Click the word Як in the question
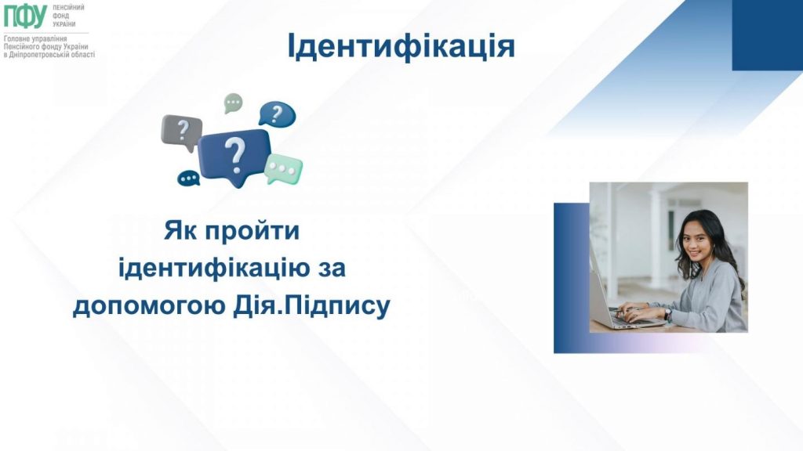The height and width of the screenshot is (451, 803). [180, 232]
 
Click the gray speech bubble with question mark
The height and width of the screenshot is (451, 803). [181, 130]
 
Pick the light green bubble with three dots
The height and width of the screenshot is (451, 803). [283, 168]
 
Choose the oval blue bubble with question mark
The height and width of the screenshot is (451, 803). [277, 114]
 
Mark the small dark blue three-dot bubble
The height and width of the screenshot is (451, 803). [189, 179]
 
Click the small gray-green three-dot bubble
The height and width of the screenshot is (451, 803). [233, 103]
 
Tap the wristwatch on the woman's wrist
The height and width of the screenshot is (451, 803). [667, 313]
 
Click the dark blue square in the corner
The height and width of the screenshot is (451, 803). [767, 35]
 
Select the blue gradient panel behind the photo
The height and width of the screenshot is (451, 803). [569, 278]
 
